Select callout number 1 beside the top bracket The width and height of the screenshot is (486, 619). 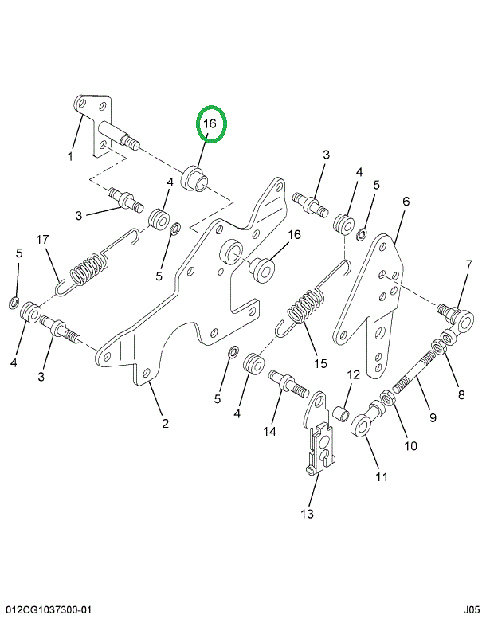click(x=70, y=156)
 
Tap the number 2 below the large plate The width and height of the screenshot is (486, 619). click(x=166, y=423)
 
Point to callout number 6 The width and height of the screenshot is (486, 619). click(x=406, y=202)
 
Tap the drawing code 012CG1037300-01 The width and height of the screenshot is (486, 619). click(x=47, y=609)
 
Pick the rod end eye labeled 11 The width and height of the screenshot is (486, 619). click(x=364, y=421)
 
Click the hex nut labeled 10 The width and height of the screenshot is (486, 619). click(x=386, y=396)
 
